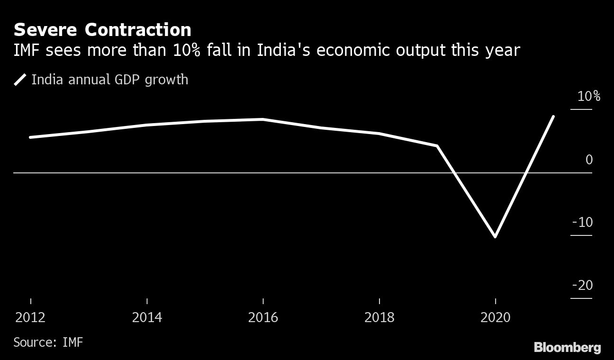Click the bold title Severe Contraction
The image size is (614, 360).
point(102,30)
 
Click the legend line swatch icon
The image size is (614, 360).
point(20,80)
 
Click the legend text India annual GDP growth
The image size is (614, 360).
point(109,80)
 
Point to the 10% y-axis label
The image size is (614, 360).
point(588,97)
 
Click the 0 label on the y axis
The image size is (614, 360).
point(589,160)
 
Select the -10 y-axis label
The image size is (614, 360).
point(582,222)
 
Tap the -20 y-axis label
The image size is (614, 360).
point(582,285)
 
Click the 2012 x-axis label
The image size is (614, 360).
point(31,317)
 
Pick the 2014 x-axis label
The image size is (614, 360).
point(147,317)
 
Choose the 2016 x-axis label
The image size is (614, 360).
point(263,317)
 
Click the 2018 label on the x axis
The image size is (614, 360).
point(379,317)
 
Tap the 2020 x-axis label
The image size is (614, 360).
point(495,317)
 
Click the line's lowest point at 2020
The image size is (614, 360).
point(495,236)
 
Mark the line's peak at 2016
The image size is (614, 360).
point(263,119)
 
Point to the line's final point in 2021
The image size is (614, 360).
point(553,117)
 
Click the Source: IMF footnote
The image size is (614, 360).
point(48,342)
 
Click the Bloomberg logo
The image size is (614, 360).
point(567,348)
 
